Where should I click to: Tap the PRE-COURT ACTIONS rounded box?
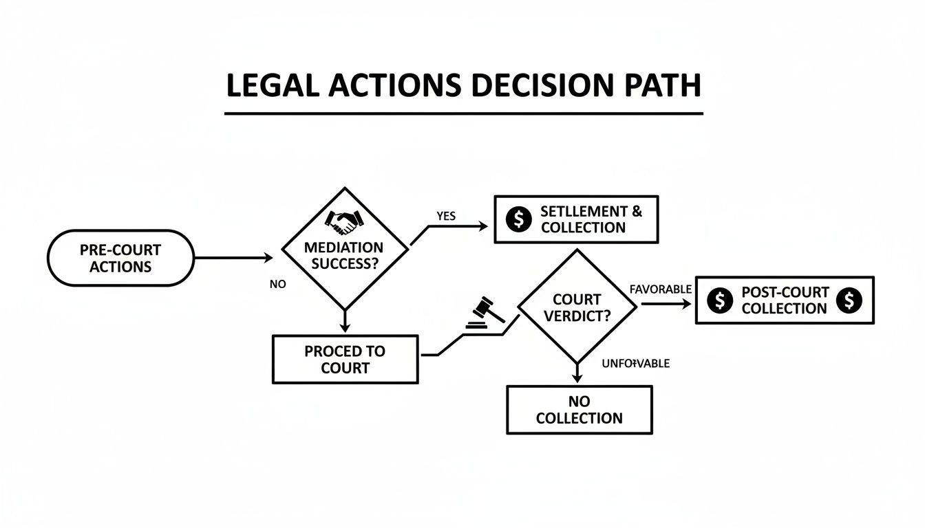click(120, 258)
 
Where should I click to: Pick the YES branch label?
click(446, 216)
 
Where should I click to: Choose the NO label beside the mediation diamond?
click(277, 284)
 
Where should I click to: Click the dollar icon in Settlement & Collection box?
click(519, 219)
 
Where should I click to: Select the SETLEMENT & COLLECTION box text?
click(591, 219)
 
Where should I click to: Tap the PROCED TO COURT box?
click(345, 359)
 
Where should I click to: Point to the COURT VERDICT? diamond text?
click(577, 308)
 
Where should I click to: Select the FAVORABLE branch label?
click(661, 289)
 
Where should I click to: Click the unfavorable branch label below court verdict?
click(635, 363)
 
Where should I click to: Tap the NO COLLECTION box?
click(579, 410)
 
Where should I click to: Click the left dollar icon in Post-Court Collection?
click(720, 300)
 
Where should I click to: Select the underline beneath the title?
click(464, 112)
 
